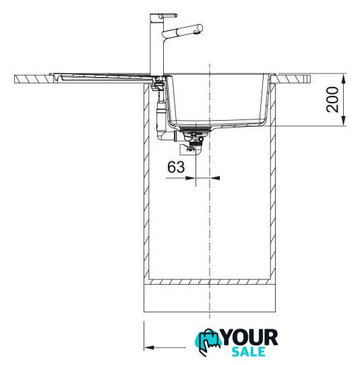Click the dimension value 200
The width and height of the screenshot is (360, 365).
click(332, 99)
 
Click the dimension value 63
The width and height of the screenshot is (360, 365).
click(176, 167)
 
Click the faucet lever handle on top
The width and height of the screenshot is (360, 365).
click(167, 16)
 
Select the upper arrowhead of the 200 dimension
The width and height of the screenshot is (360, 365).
click(344, 78)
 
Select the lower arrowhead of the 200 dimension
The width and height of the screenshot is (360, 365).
click(344, 121)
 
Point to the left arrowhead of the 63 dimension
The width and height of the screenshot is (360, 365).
click(189, 178)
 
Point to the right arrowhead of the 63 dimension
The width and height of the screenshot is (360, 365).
click(215, 178)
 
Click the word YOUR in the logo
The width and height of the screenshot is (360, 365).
click(249, 337)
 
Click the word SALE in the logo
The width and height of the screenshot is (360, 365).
click(249, 352)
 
